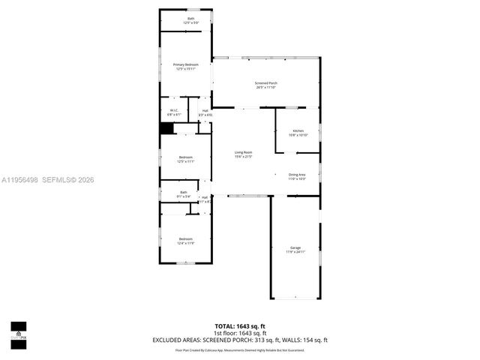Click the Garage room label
(295, 247)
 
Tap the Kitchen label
(298, 130)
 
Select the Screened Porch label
(266, 82)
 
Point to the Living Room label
(243, 152)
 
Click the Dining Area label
(297, 174)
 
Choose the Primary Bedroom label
(185, 64)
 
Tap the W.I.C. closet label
(174, 111)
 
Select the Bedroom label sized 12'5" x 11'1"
(185, 157)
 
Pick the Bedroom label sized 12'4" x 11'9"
(185, 238)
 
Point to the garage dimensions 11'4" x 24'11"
(295, 252)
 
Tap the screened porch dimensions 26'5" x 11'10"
(266, 87)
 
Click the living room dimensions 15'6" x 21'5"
(243, 157)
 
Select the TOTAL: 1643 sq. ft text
(240, 325)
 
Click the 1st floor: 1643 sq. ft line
(240, 332)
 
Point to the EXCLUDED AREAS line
(240, 340)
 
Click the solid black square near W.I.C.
(166, 128)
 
